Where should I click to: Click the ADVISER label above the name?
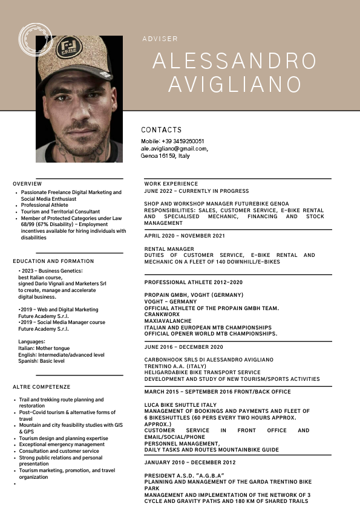tap(160, 39)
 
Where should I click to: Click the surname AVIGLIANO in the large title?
tap(234, 84)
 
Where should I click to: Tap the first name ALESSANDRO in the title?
tap(234, 61)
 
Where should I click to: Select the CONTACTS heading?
tap(161, 130)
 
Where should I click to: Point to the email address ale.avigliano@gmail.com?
tap(174, 148)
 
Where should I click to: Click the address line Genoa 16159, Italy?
tap(165, 155)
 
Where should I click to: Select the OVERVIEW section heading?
tap(27, 184)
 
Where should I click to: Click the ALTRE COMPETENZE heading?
tap(42, 386)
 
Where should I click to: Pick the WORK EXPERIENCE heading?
tap(171, 184)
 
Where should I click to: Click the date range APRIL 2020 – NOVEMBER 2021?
tap(185, 236)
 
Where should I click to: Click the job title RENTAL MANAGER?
tap(169, 249)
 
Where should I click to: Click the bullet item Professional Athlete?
tap(45, 205)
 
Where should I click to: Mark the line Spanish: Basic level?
tap(41, 361)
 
